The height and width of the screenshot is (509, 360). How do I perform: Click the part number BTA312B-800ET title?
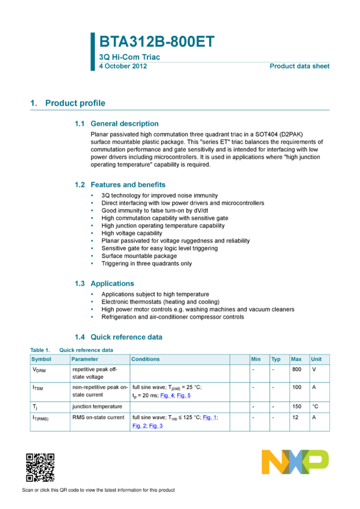click(156, 42)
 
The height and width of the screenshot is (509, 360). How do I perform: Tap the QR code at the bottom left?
click(40, 468)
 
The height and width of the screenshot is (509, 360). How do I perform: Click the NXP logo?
click(295, 462)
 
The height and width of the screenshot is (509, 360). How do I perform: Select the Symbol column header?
click(41, 359)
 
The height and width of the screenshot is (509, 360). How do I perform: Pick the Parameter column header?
click(84, 359)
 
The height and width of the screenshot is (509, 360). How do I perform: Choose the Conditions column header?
click(146, 359)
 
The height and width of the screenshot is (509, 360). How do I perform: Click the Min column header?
click(256, 359)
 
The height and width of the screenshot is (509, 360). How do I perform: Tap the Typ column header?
click(276, 359)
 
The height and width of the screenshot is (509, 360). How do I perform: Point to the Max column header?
click(296, 359)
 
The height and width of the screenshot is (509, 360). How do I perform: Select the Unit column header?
click(316, 359)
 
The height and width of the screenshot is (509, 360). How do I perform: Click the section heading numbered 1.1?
click(117, 123)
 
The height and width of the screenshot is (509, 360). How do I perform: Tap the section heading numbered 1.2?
click(120, 184)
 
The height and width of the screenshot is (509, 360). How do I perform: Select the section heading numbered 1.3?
click(104, 283)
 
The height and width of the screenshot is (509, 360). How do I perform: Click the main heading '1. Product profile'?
click(68, 103)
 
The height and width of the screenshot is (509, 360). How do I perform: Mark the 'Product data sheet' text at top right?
click(300, 66)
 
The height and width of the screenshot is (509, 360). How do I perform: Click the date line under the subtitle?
click(123, 66)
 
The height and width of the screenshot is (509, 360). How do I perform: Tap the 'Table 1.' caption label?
click(40, 350)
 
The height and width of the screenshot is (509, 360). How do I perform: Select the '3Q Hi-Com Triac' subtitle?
click(129, 57)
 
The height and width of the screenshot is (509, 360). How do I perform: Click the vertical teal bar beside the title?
click(92, 51)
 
